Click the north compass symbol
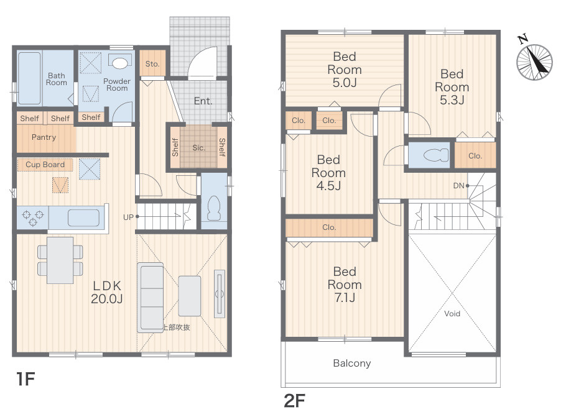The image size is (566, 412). point(534,62)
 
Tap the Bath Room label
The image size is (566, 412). point(57,79)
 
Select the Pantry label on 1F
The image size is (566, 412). point(44,137)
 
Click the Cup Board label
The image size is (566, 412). point(45,165)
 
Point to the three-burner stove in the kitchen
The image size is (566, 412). point(33,217)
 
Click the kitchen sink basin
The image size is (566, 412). point(83,218)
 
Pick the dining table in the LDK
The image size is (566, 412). point(60,260)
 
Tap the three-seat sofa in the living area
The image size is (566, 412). point(150,297)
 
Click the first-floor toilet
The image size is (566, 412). point(214,209)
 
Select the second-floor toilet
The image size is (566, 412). point(436,155)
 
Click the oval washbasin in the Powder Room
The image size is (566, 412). point(119,63)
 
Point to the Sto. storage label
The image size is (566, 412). point(152,64)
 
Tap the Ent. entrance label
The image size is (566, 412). point(203,101)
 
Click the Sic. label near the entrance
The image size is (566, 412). point(198,147)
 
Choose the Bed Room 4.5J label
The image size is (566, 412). point(328,173)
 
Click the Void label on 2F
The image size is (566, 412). point(452,314)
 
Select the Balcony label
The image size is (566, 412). point(352,363)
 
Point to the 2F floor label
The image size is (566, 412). point(295,400)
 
